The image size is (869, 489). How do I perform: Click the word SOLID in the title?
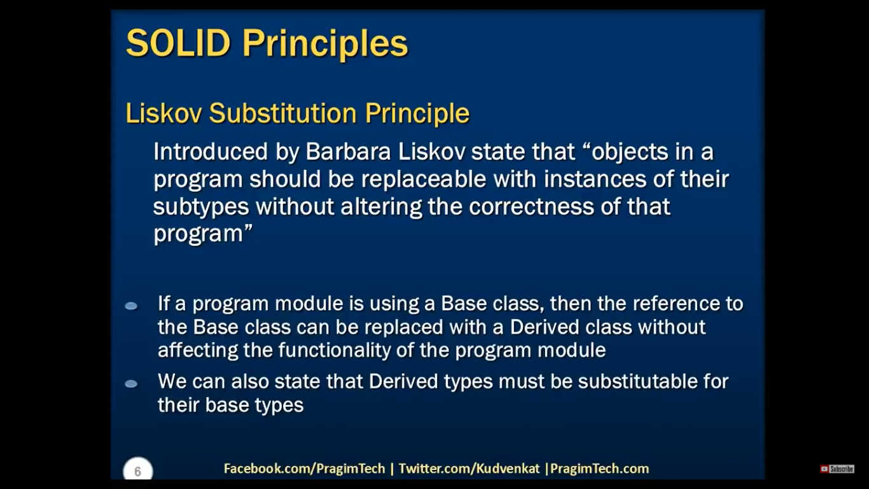click(179, 43)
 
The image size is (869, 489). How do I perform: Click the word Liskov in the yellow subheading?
click(163, 113)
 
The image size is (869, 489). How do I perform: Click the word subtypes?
click(201, 207)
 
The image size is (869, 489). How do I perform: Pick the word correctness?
click(531, 206)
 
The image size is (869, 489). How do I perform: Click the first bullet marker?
click(131, 306)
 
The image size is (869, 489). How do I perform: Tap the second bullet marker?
click(131, 384)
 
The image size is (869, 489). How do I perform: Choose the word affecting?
click(198, 350)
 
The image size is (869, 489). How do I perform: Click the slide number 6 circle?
click(137, 470)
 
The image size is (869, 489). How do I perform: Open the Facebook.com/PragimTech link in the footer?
click(305, 469)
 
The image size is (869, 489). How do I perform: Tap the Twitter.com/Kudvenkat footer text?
click(469, 469)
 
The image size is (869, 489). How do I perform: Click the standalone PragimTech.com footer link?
click(599, 469)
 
